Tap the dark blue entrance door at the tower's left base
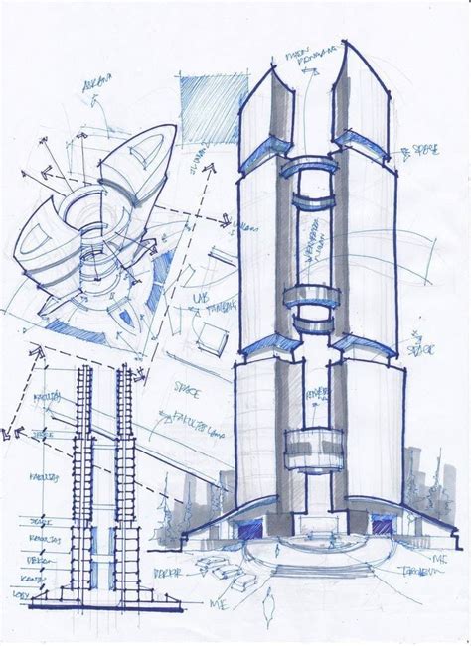[245, 525]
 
